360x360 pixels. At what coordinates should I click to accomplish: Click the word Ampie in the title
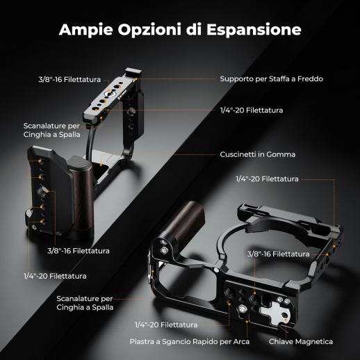point(86,30)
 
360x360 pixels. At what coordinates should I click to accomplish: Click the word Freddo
point(310,79)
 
